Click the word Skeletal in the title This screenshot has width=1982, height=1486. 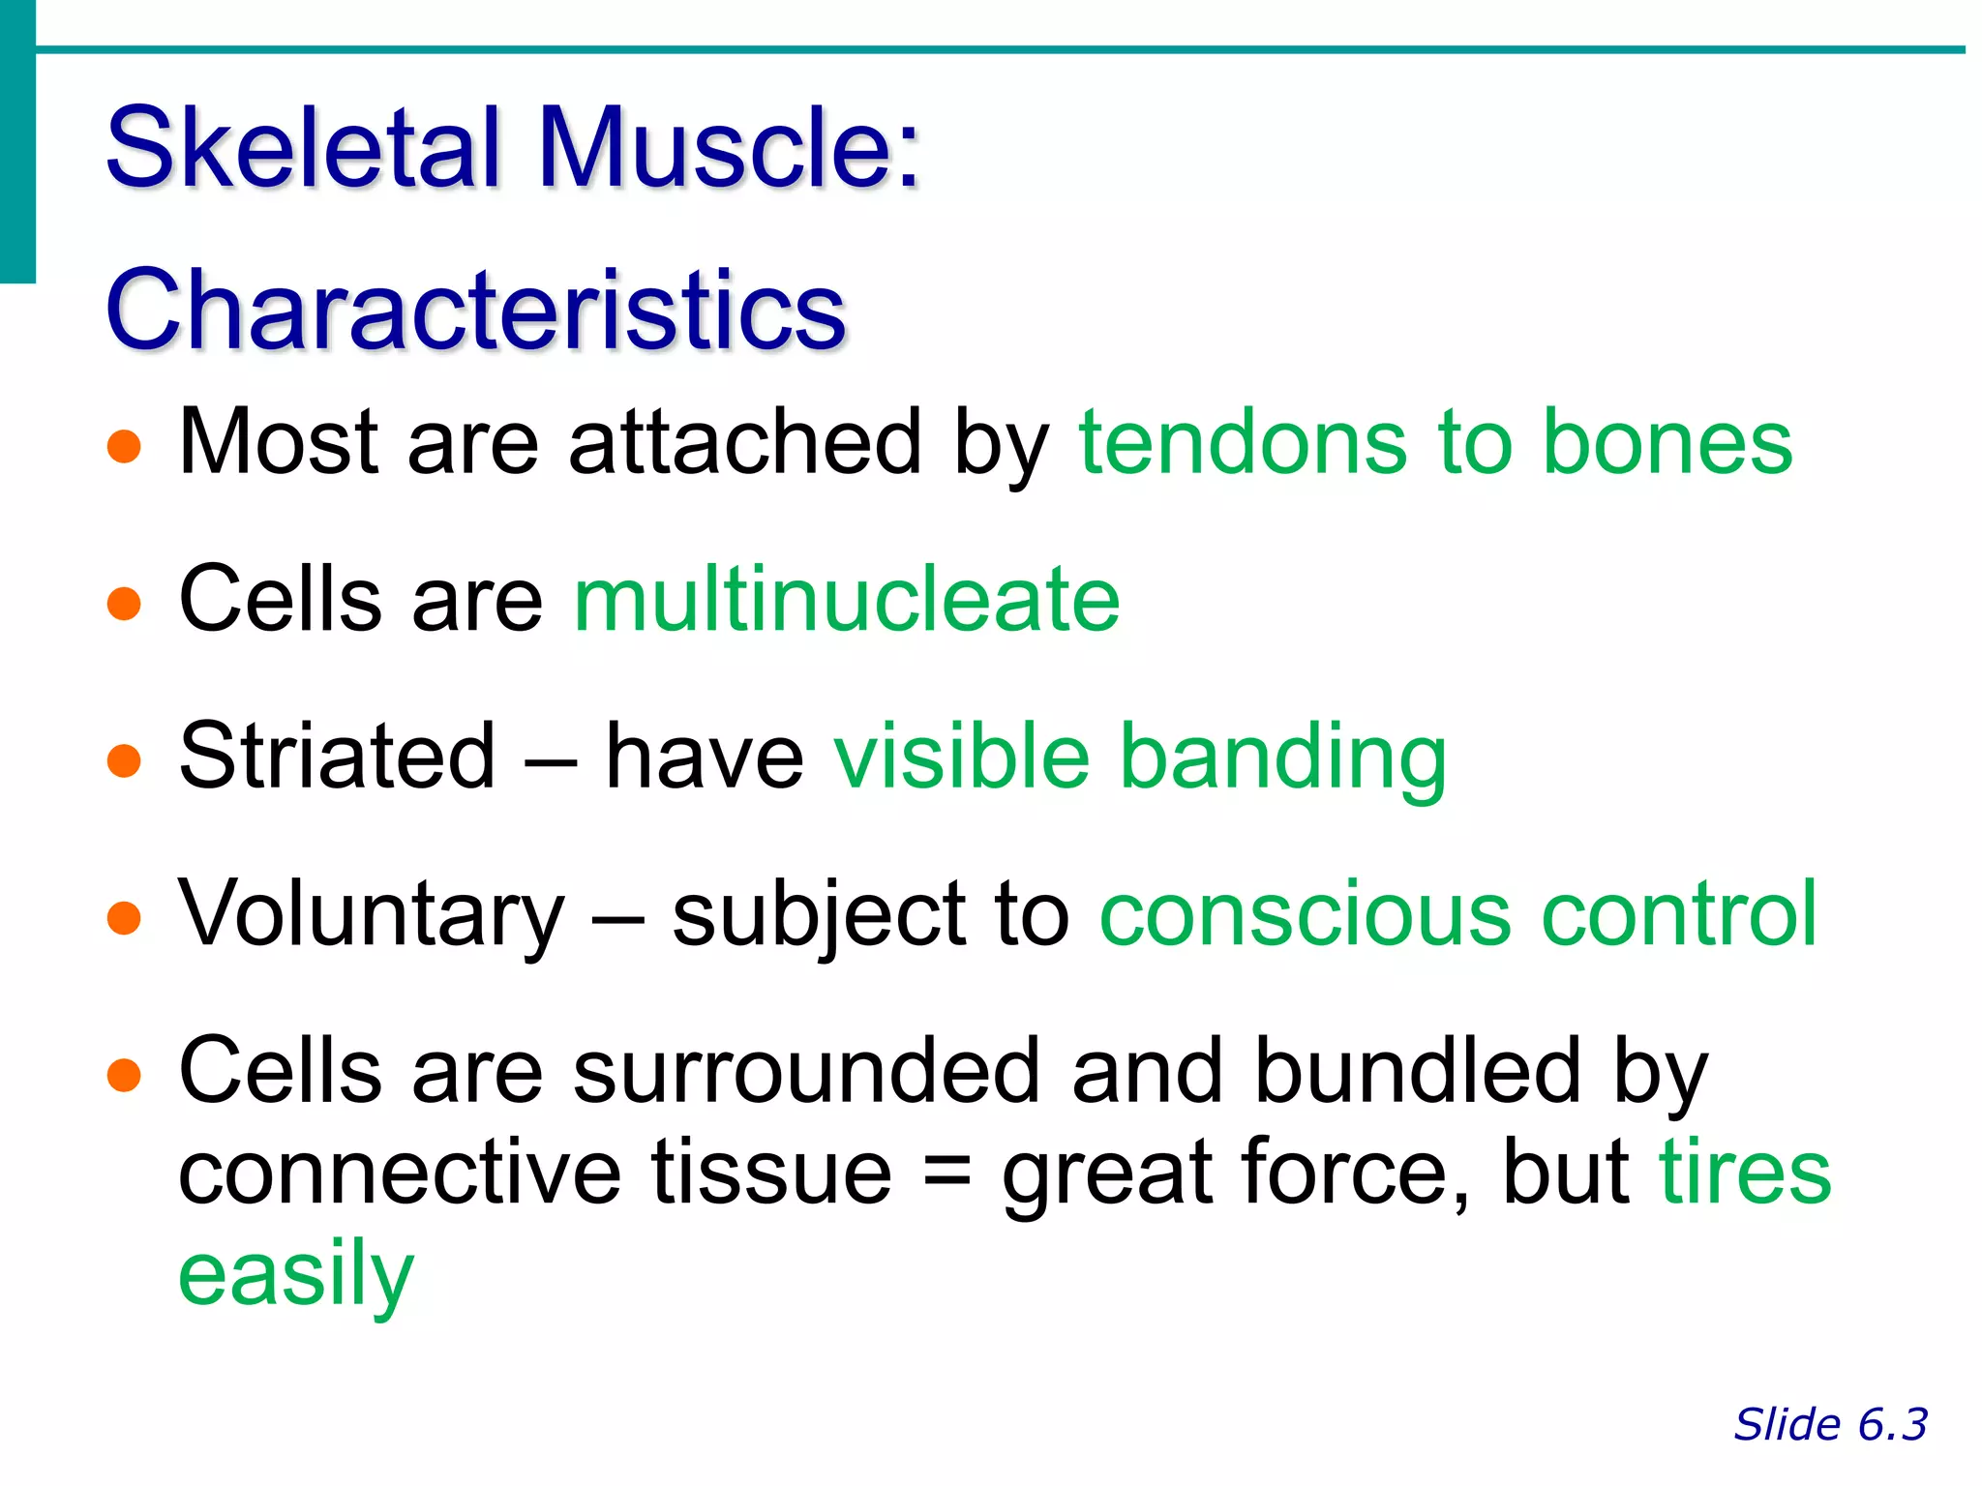(x=304, y=148)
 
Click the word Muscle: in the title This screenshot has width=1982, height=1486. (x=728, y=148)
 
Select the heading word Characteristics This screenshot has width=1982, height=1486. (x=475, y=310)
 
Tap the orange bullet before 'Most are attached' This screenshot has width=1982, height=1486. (x=124, y=447)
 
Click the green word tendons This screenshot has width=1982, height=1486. (x=1241, y=443)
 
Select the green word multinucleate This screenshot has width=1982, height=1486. (x=847, y=601)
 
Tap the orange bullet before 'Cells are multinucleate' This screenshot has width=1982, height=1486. (x=124, y=604)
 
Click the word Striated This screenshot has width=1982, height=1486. (x=337, y=757)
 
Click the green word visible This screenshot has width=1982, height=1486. (x=961, y=757)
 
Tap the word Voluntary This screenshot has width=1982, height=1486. (x=372, y=915)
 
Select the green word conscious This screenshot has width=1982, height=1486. (x=1305, y=915)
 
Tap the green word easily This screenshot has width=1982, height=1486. (x=296, y=1275)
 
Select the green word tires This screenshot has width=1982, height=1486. (x=1745, y=1172)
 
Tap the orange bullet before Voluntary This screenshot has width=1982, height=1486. (x=124, y=917)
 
